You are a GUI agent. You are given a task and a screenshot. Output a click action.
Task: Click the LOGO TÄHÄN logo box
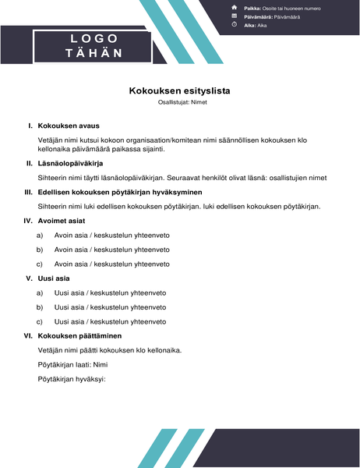tap(93, 45)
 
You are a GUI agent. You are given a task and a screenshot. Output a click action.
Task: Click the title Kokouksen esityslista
tap(179, 90)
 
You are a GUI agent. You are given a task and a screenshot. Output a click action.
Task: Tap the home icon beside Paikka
tap(235, 7)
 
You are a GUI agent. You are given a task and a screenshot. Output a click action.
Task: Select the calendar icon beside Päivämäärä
tap(235, 16)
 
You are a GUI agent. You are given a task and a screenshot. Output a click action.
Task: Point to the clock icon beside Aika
tap(235, 24)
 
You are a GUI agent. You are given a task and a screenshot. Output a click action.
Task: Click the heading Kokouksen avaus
tap(69, 126)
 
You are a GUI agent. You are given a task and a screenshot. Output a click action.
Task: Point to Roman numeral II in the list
tap(29, 164)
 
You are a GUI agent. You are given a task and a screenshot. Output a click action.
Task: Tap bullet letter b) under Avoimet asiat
tap(40, 250)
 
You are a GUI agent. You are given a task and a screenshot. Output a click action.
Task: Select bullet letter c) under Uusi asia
tap(40, 321)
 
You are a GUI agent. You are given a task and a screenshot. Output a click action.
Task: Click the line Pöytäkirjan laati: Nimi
tap(72, 364)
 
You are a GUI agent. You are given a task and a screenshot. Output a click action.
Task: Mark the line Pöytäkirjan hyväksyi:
tap(71, 379)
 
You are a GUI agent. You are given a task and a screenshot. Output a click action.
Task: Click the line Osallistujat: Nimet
tap(179, 103)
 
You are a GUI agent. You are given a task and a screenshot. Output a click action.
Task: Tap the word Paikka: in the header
tap(252, 8)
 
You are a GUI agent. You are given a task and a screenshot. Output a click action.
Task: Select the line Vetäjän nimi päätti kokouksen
tap(109, 350)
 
